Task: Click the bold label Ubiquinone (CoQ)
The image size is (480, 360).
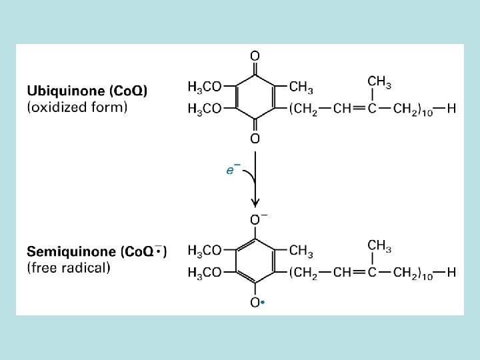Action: pyautogui.click(x=87, y=90)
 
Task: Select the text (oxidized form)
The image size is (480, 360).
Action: pyautogui.click(x=77, y=107)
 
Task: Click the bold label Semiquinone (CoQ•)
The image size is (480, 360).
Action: pyautogui.click(x=97, y=252)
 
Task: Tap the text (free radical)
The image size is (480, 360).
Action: pyautogui.click(x=69, y=268)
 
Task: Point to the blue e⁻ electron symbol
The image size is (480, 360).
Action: pyautogui.click(x=233, y=170)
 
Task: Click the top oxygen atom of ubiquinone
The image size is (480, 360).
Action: pyautogui.click(x=255, y=55)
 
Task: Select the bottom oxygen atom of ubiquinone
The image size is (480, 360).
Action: pyautogui.click(x=255, y=139)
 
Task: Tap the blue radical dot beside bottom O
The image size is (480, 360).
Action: pyautogui.click(x=264, y=303)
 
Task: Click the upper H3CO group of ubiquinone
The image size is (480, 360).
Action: pyautogui.click(x=205, y=87)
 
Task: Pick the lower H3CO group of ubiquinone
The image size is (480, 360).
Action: pyautogui.click(x=205, y=109)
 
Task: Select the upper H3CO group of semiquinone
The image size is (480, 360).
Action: pyautogui.click(x=205, y=251)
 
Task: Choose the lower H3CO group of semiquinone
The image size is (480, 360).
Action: pyautogui.click(x=205, y=272)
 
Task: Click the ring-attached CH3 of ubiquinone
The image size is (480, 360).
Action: pyautogui.click(x=301, y=87)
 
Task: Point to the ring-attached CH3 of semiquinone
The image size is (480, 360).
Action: pyautogui.click(x=301, y=251)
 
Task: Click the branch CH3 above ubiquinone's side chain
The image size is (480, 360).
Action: pyautogui.click(x=379, y=82)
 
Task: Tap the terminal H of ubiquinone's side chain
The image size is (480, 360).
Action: pyautogui.click(x=451, y=109)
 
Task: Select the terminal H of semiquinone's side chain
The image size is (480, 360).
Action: pyautogui.click(x=451, y=272)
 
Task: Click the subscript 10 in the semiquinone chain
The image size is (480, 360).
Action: pyautogui.click(x=427, y=277)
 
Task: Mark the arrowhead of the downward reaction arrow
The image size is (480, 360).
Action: pyautogui.click(x=255, y=201)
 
